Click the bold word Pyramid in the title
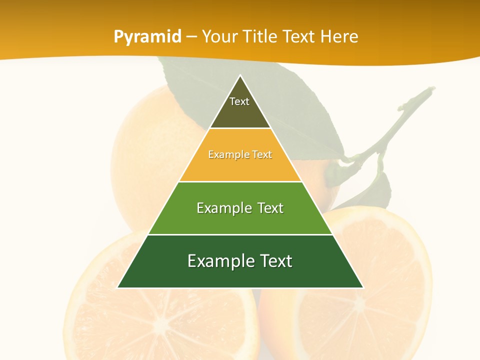click(x=147, y=36)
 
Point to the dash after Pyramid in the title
click(x=191, y=37)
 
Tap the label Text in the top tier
click(x=239, y=101)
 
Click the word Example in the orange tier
click(x=223, y=154)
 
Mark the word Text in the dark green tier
click(x=274, y=261)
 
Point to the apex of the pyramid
click(x=240, y=76)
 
